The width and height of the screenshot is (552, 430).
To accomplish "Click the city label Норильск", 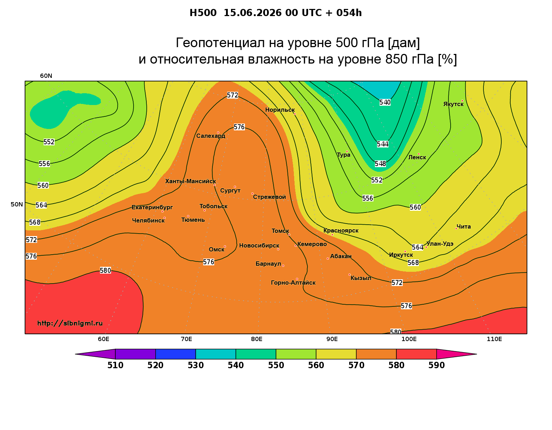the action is pos(280,110).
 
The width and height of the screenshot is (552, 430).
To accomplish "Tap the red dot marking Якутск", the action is pos(462,101).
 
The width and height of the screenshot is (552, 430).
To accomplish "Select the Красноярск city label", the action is pos(341,231).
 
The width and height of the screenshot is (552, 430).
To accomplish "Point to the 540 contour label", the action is pos(385,102).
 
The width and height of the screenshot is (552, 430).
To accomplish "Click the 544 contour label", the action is pos(382,144).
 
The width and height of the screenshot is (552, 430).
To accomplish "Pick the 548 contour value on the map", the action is pos(380,164).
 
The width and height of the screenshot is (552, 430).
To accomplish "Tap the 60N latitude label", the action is pos(46,76).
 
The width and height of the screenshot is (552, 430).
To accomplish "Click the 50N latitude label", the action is pos(17,204).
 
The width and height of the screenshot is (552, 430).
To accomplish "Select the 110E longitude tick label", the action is pos(494,339).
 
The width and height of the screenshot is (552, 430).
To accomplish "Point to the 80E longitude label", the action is pos(257,339).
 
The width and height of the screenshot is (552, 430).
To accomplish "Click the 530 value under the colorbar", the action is pos(196,365).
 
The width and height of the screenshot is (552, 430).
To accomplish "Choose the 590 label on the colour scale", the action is pos(436,365).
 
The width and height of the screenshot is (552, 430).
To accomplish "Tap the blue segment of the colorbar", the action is pos(176,354).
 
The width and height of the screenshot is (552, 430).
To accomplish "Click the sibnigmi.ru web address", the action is pos(70,323).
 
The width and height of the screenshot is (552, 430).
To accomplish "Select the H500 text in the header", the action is pos(203,13).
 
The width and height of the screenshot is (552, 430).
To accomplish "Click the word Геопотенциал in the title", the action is pos(220,42).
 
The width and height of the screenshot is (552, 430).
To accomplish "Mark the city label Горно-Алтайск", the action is pos(293,283).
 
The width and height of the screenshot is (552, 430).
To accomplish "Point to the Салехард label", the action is pos(211,136).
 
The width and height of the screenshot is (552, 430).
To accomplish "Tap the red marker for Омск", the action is pos(225,247).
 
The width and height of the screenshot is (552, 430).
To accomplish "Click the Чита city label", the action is pos(463,226).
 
